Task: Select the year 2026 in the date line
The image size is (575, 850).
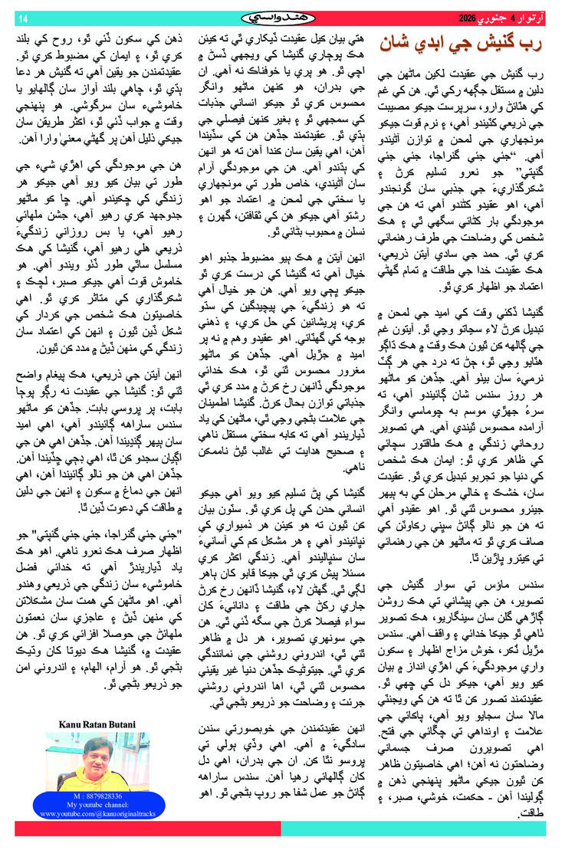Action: click(467, 17)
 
